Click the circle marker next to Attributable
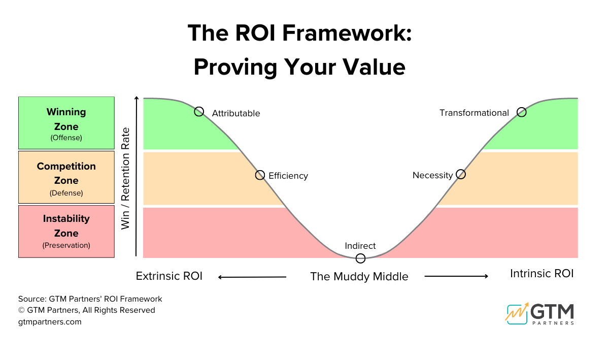coord(199,112)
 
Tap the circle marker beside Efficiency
coord(260,175)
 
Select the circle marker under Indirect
coord(360,258)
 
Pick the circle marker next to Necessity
coord(460,174)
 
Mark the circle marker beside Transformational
coord(521,112)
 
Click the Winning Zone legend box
coord(66,123)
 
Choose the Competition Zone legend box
coord(66,178)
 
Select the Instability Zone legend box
coord(66,232)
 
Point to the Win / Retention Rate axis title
coord(125,178)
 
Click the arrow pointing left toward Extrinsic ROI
coord(252,277)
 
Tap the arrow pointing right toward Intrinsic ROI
coord(456,276)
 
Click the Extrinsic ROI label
coord(169,276)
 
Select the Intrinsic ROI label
coord(542,274)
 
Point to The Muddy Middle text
coord(359,277)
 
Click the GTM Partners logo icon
coord(517,313)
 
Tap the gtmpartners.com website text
coord(50,321)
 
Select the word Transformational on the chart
coord(474,113)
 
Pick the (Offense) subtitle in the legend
coord(66,138)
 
